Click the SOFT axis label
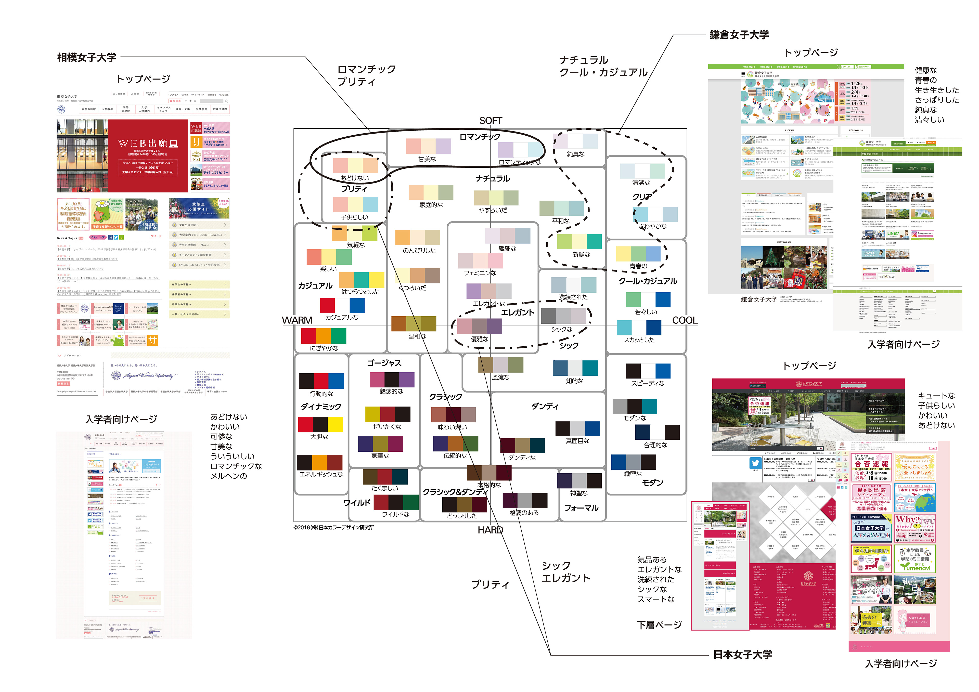(490, 121)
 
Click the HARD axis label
(490, 530)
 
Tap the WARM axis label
(297, 320)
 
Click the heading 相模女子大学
(87, 58)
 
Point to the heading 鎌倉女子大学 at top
(739, 35)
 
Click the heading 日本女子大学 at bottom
(742, 655)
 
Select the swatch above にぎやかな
(324, 336)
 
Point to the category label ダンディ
(545, 406)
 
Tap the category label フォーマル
(581, 508)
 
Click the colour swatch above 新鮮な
(579, 242)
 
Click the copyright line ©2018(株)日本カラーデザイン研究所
(333, 527)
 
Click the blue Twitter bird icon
(755, 463)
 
